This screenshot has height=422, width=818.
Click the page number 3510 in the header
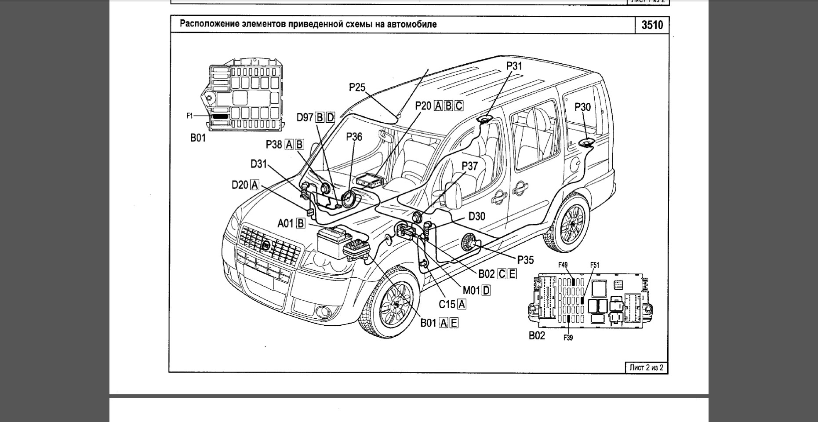[652, 25]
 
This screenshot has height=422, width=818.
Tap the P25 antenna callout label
[357, 87]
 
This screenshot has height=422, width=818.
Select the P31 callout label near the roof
[514, 66]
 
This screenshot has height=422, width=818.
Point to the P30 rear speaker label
[582, 107]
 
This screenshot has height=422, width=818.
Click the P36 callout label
[354, 137]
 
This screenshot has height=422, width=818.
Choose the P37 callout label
[469, 166]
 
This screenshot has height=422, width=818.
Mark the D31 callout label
[259, 164]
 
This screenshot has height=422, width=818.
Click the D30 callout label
[477, 216]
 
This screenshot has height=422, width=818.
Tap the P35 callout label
[525, 260]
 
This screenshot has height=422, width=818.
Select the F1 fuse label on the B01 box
[189, 116]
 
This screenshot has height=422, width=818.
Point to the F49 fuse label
[563, 265]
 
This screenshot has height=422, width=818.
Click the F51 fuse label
[594, 265]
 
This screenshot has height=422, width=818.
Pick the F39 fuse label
[568, 338]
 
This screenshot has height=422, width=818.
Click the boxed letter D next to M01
[486, 290]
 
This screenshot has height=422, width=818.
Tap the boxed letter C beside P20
[458, 106]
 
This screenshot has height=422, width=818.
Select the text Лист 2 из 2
[646, 367]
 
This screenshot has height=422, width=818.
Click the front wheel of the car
[395, 303]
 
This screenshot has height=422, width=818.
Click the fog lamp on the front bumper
[324, 310]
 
